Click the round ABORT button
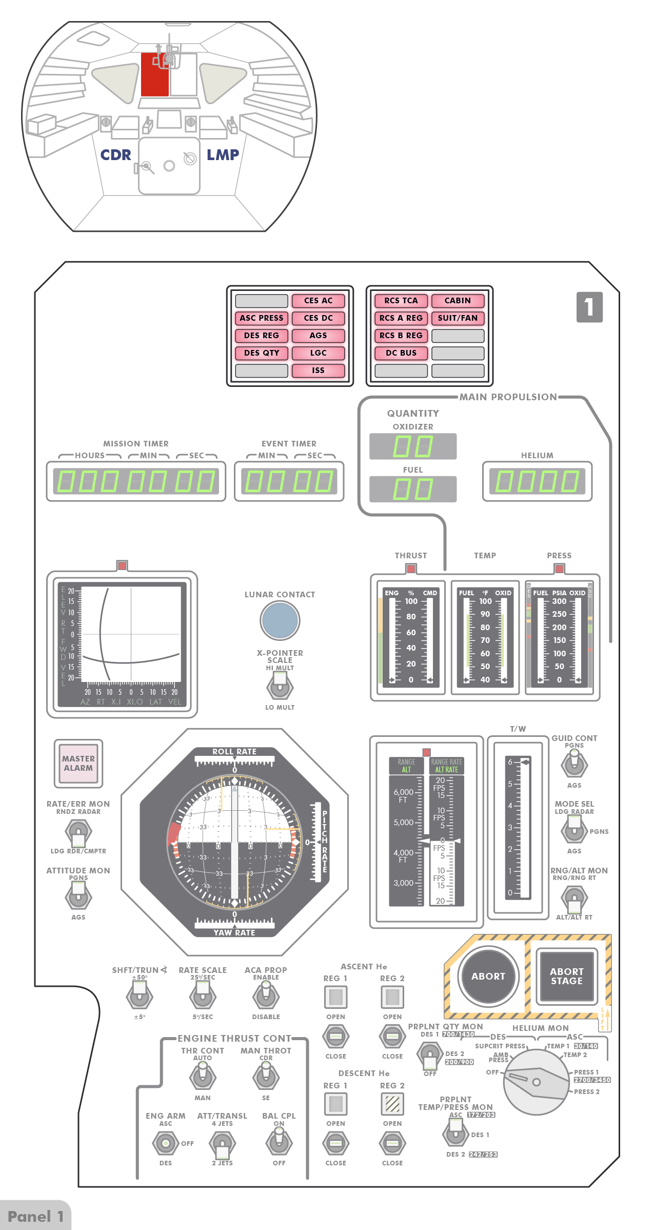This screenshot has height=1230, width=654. [x=488, y=977]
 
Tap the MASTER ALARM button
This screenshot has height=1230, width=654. [x=78, y=764]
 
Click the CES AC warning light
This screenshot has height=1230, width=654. [x=318, y=301]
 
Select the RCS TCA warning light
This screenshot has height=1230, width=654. [x=401, y=301]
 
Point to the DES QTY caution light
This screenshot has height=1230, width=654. [x=262, y=353]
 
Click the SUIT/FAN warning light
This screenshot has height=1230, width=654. [x=458, y=318]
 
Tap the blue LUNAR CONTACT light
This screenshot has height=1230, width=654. [x=280, y=620]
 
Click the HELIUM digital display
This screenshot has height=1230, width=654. [x=537, y=481]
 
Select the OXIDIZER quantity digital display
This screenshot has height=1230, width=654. [x=413, y=446]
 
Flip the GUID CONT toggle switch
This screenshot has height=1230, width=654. [x=574, y=764]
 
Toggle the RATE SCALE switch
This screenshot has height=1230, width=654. [x=203, y=996]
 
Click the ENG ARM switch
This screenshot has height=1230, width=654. [x=165, y=1143]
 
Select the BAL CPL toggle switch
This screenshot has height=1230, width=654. [x=279, y=1142]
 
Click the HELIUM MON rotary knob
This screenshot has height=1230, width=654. [x=536, y=1082]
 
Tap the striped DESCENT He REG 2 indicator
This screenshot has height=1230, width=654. [x=392, y=1104]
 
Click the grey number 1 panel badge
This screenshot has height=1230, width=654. [x=589, y=307]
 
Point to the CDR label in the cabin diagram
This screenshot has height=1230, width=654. [x=115, y=155]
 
